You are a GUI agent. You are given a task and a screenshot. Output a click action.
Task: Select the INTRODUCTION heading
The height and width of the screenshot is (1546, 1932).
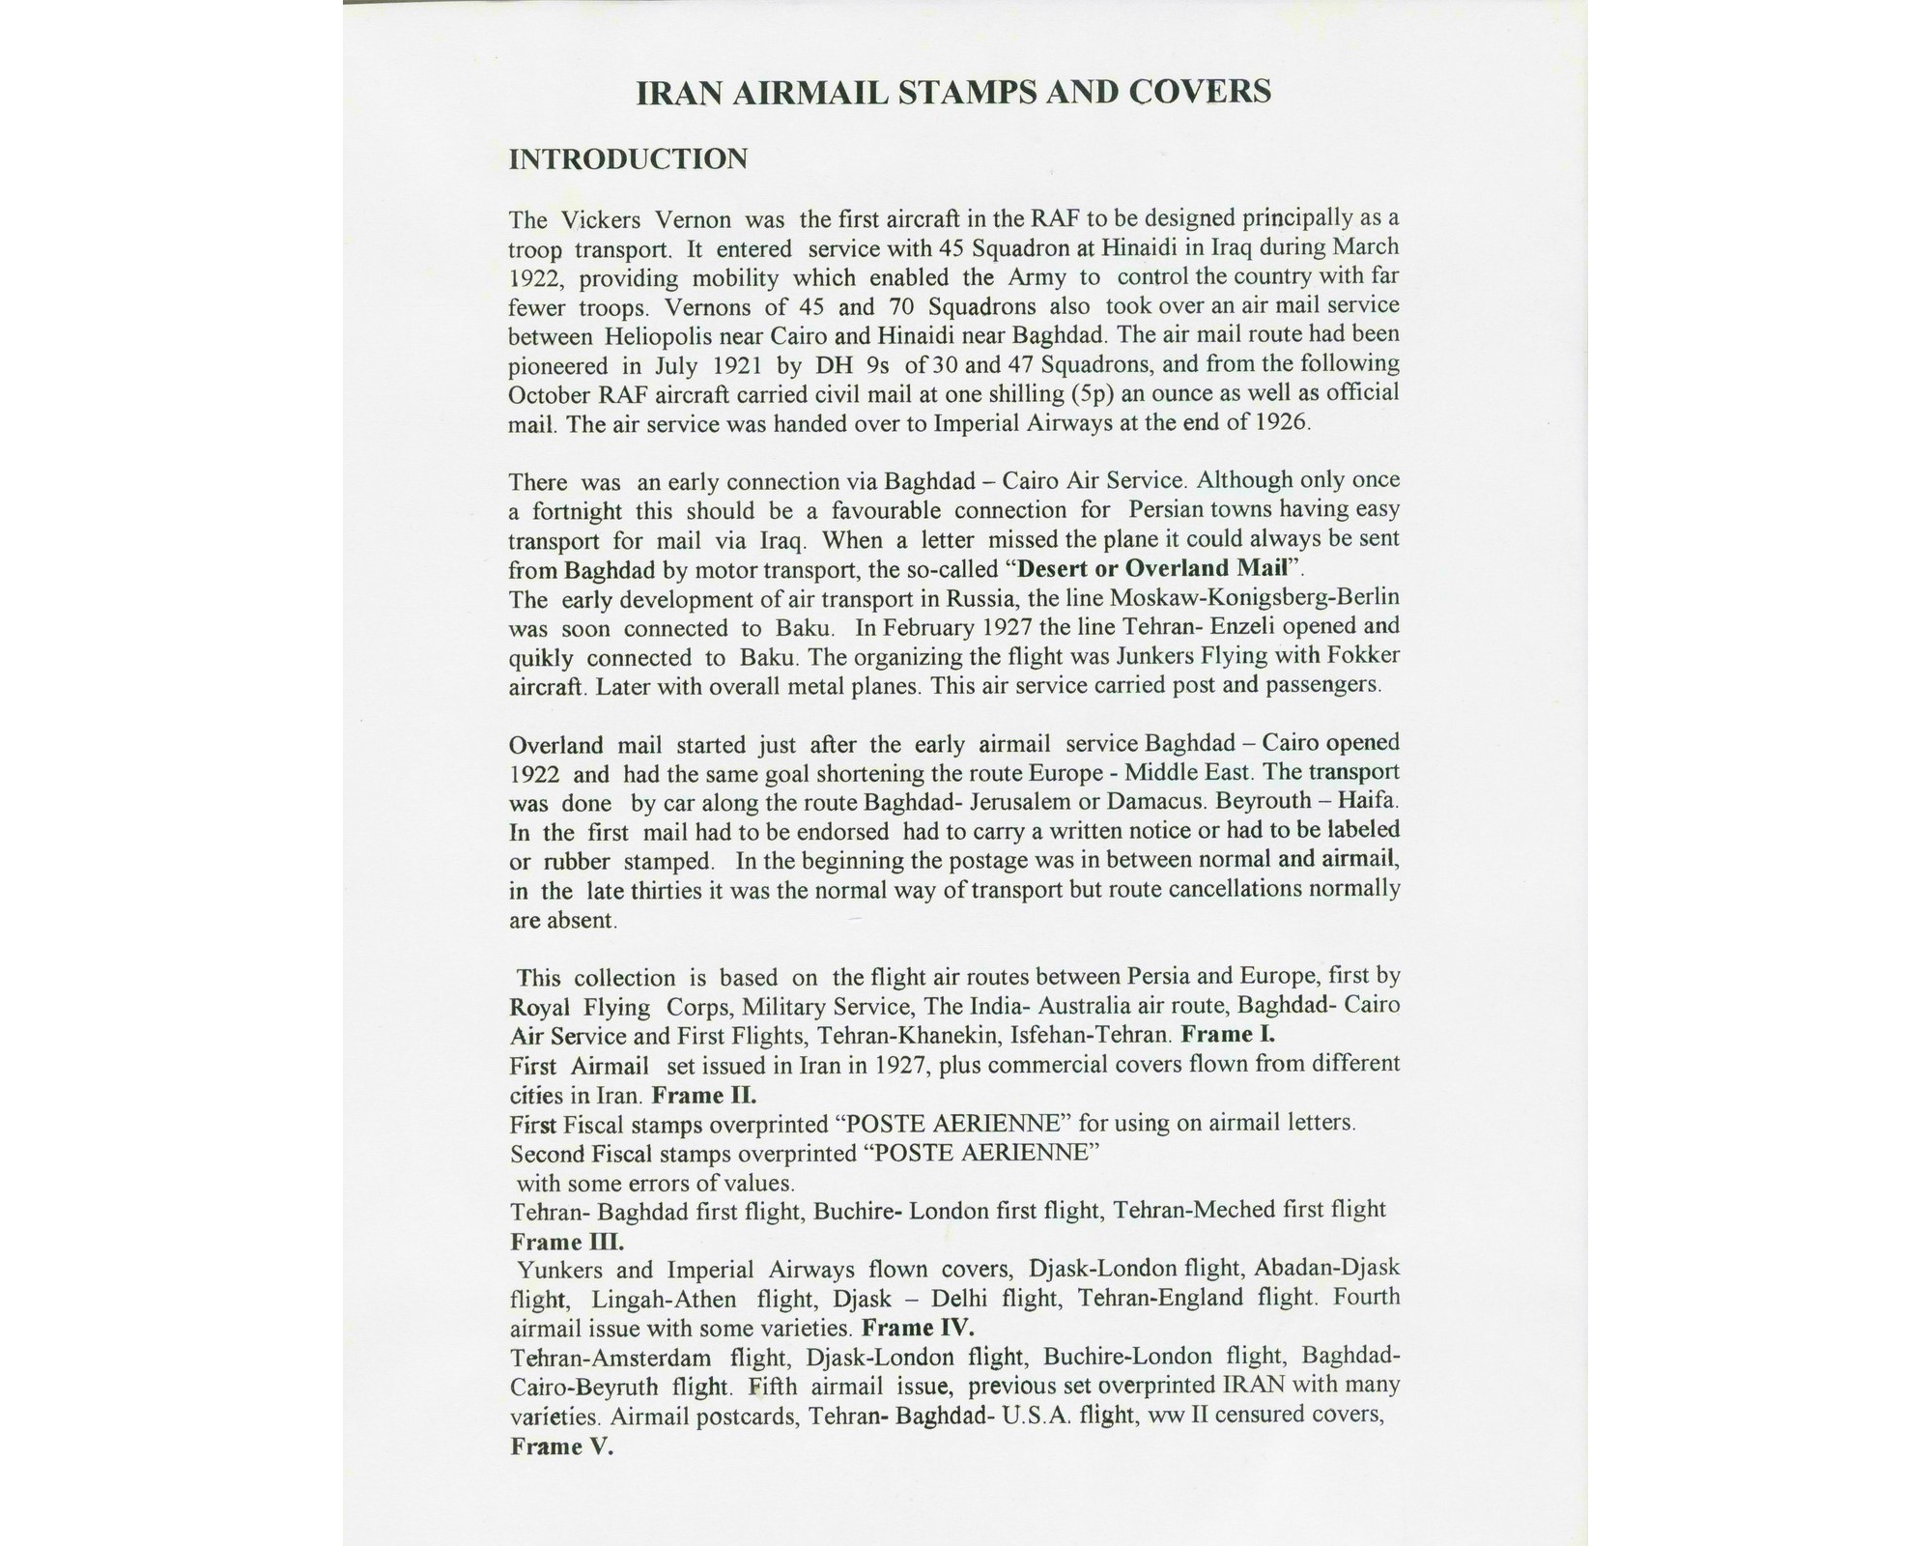click(628, 159)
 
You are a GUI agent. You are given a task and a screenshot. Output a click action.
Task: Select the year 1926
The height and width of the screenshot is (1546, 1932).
click(1282, 423)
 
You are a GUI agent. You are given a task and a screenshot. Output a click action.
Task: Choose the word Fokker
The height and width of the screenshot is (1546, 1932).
click(1364, 656)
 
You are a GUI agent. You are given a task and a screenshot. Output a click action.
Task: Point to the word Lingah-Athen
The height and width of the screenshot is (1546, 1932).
click(664, 1299)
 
